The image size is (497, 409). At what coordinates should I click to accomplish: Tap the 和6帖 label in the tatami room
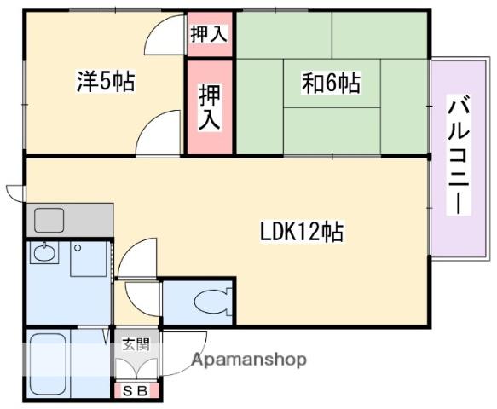[x=331, y=83]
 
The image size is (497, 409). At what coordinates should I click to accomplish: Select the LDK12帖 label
[x=303, y=231]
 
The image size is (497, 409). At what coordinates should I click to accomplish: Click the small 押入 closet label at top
[x=208, y=35]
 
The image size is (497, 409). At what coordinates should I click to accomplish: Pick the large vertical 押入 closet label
[x=209, y=107]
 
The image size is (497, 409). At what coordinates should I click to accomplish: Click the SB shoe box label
[x=136, y=391]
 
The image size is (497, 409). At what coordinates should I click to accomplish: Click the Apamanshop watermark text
[x=249, y=360]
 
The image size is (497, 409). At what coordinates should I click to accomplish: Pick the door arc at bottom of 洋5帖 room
[x=156, y=135]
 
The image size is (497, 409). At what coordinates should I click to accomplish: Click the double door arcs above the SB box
[x=136, y=367]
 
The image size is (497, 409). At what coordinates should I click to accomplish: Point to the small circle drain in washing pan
[x=77, y=248]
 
